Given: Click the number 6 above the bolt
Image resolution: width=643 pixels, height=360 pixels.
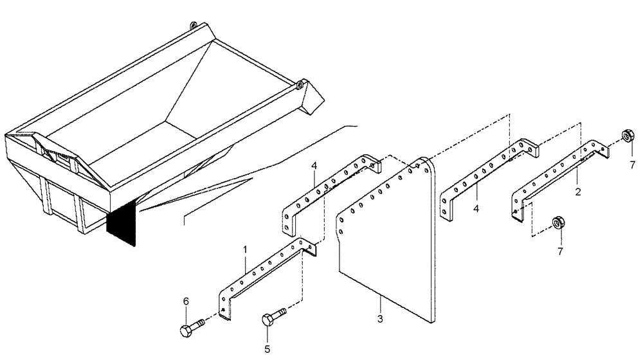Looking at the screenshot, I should pyautogui.click(x=186, y=301).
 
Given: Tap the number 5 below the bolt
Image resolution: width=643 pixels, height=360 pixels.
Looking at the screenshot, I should pyautogui.click(x=267, y=350).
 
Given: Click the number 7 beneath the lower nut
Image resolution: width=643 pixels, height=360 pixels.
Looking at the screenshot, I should pyautogui.click(x=559, y=251).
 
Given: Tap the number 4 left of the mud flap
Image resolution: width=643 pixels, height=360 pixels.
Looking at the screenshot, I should pyautogui.click(x=314, y=166).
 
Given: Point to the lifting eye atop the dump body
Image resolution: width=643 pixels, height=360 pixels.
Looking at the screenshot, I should pyautogui.click(x=192, y=25).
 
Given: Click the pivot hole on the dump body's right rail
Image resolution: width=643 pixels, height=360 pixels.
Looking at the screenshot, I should pyautogui.click(x=299, y=84).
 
